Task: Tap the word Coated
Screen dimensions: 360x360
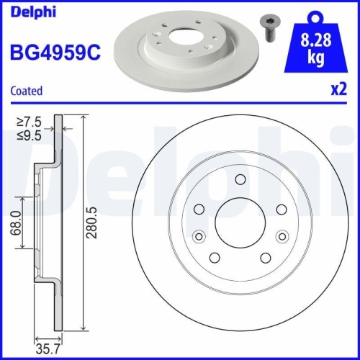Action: [26, 91]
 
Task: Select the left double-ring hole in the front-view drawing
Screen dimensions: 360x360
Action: [199, 234]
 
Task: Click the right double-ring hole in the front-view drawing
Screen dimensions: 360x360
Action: [282, 234]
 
